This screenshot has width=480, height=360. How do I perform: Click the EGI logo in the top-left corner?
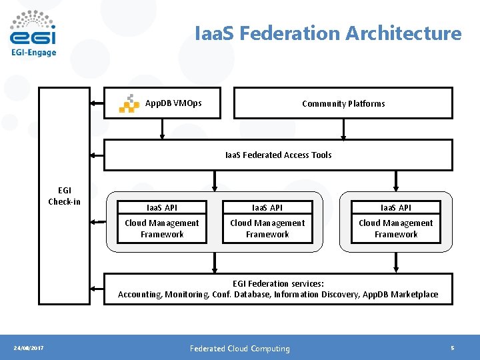click(33, 28)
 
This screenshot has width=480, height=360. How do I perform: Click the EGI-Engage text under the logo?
click(33, 53)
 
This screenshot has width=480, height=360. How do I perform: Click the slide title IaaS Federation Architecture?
click(328, 33)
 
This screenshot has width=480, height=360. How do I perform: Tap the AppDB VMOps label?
click(173, 103)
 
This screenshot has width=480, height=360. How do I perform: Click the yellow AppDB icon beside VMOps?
click(129, 103)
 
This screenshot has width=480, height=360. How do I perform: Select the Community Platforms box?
click(343, 103)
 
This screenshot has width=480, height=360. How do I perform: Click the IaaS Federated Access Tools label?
click(278, 155)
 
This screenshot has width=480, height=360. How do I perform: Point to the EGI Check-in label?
click(64, 196)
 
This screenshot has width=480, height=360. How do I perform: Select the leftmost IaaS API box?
click(161, 207)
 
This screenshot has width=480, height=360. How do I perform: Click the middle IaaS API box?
click(267, 207)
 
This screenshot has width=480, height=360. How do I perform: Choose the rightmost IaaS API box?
click(396, 207)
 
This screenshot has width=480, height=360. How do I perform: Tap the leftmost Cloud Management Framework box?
click(161, 229)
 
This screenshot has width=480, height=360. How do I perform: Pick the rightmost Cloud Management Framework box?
click(396, 229)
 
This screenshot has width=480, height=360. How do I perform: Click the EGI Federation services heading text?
click(278, 283)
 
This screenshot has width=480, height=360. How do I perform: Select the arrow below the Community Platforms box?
click(343, 129)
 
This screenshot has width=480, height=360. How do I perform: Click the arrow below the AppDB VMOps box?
click(162, 129)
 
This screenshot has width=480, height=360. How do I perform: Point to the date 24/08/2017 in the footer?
click(29, 348)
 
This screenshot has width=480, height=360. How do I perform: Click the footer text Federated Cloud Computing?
click(240, 348)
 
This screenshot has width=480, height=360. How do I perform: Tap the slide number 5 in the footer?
click(453, 348)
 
